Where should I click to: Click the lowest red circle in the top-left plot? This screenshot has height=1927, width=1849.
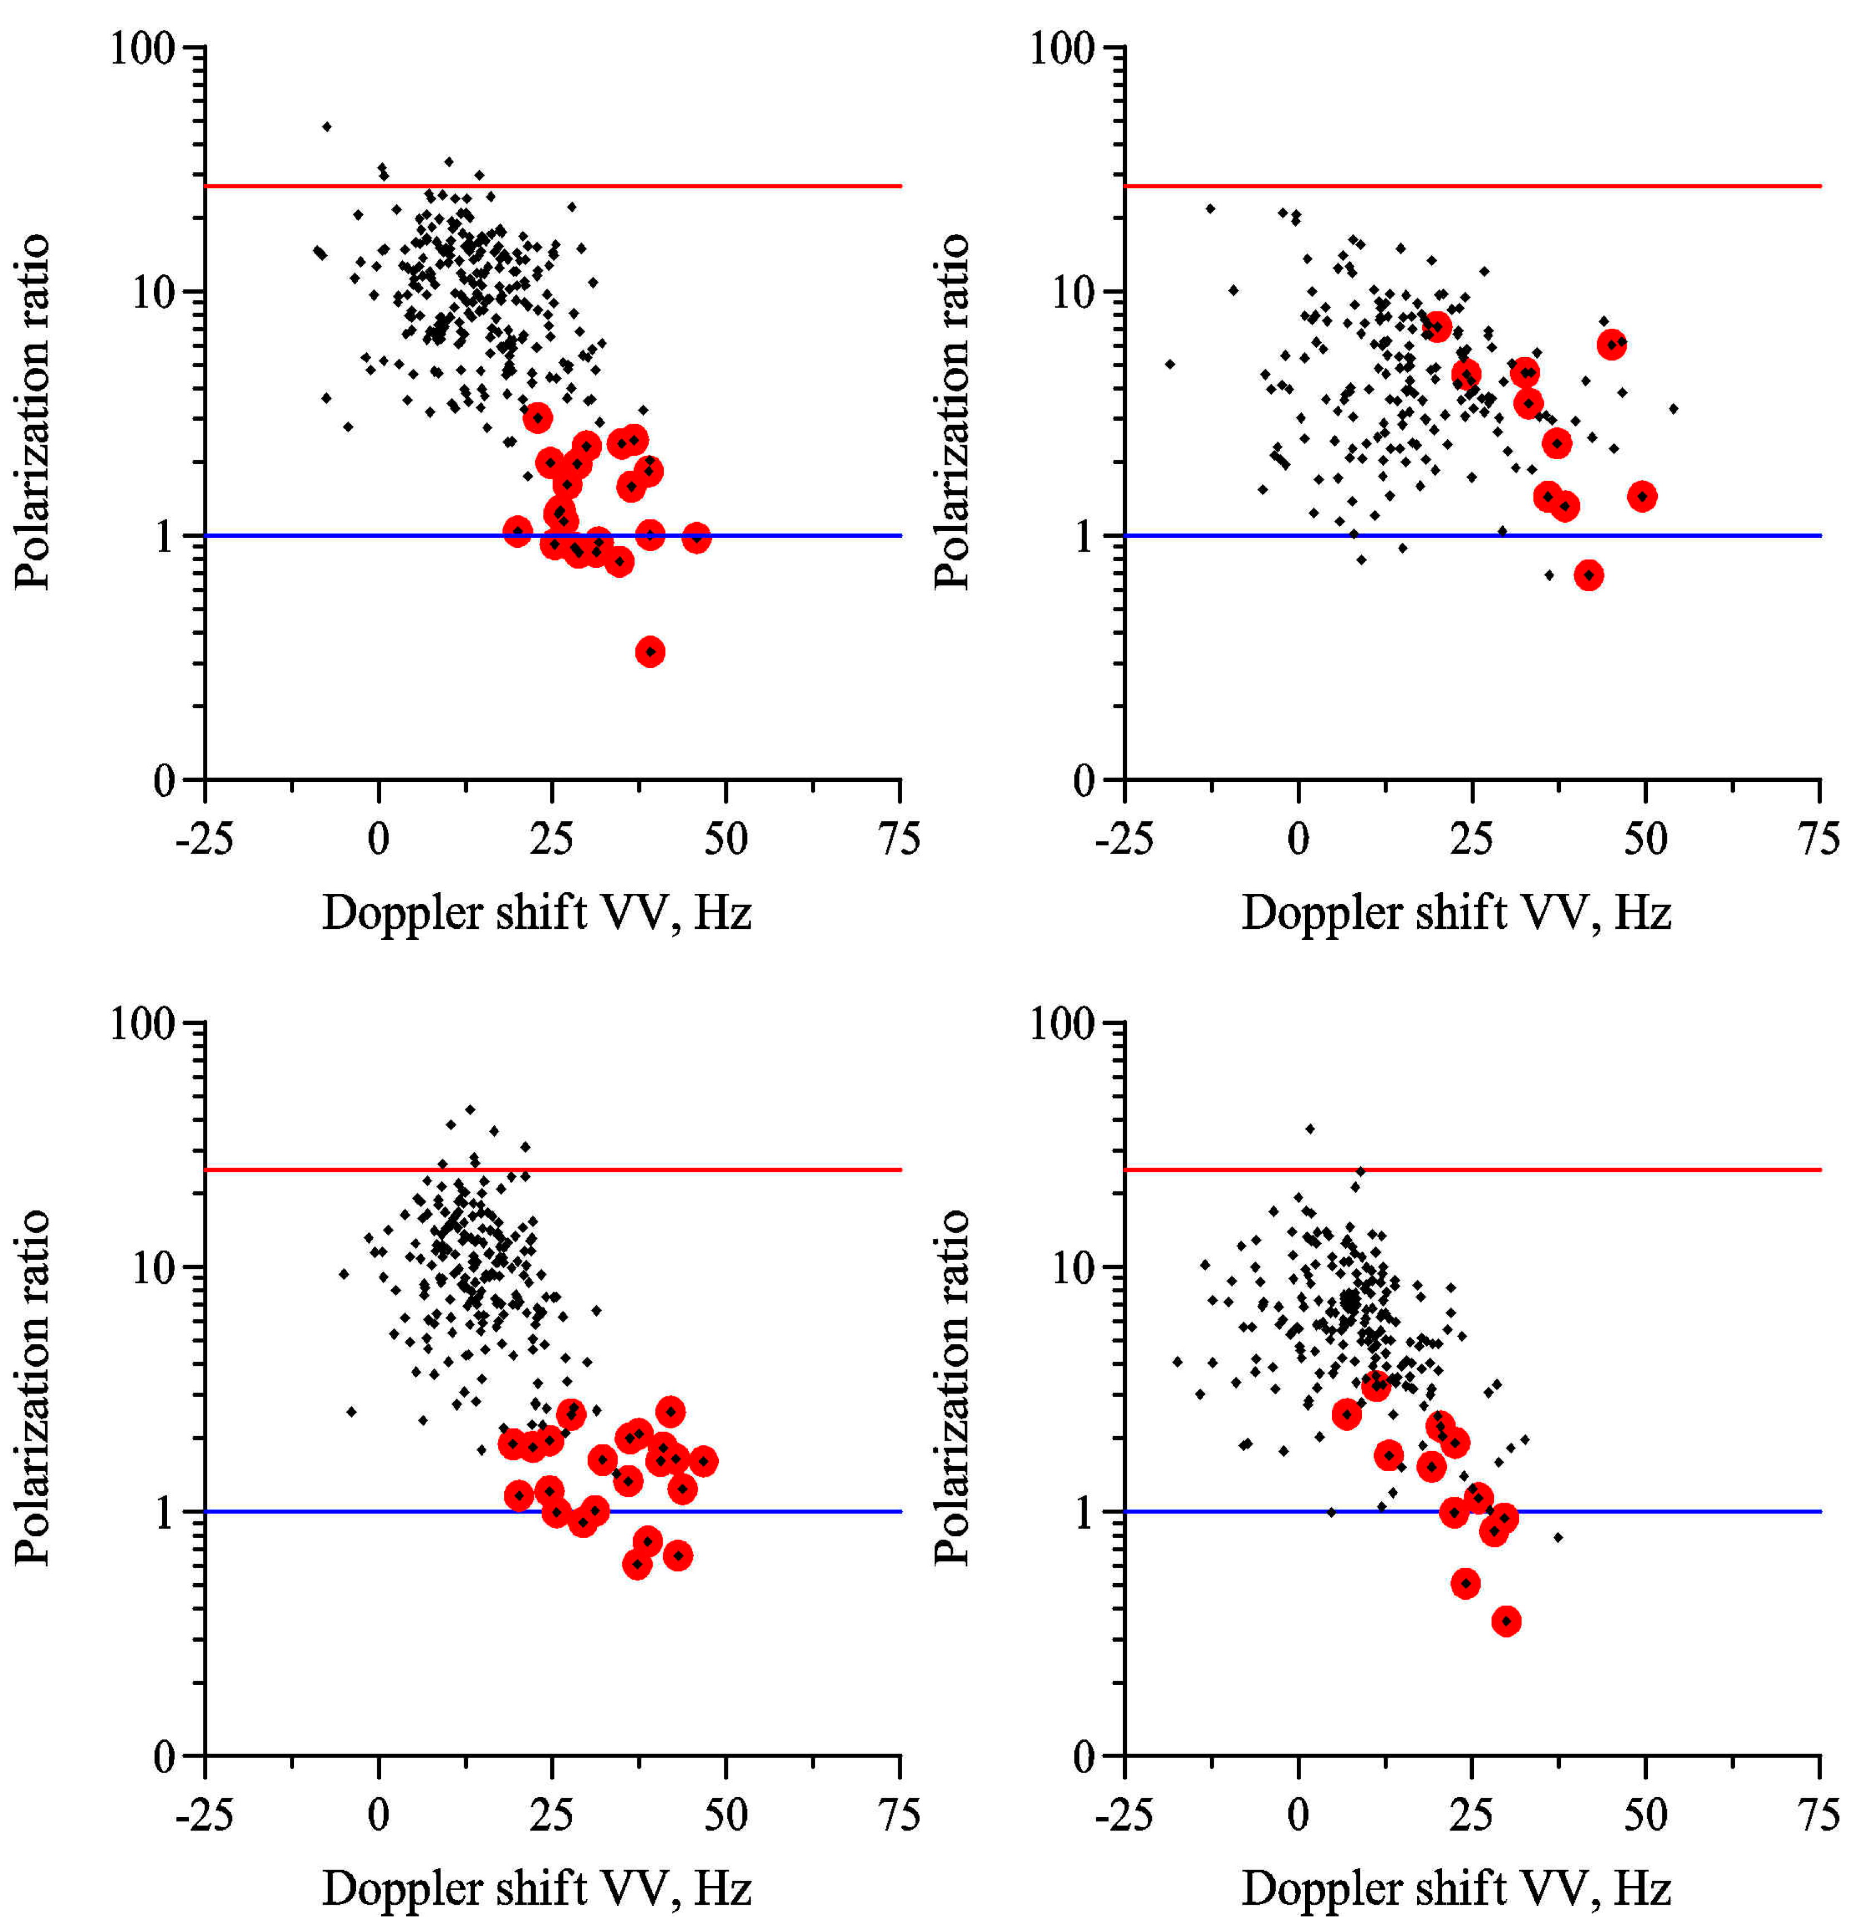pyautogui.click(x=650, y=652)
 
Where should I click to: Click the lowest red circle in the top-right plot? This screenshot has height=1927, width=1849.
pyautogui.click(x=1589, y=575)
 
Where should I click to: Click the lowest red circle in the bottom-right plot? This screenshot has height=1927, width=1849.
pyautogui.click(x=1506, y=1621)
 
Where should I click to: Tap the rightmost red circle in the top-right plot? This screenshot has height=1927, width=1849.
pyautogui.click(x=1642, y=497)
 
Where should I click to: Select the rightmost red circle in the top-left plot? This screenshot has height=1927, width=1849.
pyautogui.click(x=696, y=538)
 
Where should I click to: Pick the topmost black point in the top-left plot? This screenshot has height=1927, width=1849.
pyautogui.click(x=327, y=127)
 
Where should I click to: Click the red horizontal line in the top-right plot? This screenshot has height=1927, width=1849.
pyautogui.click(x=1475, y=186)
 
